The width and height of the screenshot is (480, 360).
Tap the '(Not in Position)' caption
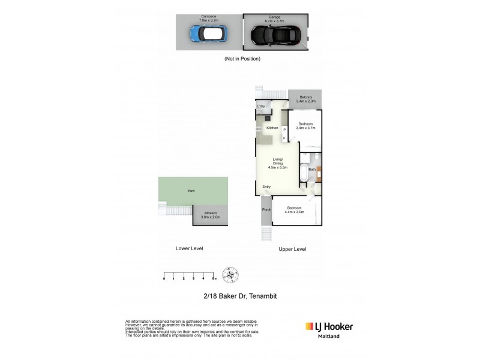click(242, 59)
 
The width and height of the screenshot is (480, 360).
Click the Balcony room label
click(305, 97)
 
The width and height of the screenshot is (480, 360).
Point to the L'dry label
click(261, 106)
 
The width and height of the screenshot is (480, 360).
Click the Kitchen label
click(272, 128)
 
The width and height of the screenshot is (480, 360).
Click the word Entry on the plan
click(266, 187)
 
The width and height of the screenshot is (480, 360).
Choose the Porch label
click(266, 210)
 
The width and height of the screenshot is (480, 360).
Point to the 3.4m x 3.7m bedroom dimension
click(305, 128)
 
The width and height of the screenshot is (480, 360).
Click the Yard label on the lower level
click(191, 191)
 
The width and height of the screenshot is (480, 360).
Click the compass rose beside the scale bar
click(230, 274)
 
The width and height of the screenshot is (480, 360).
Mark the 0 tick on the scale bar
click(164, 278)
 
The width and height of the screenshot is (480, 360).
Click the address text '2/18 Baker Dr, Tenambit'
click(239, 296)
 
